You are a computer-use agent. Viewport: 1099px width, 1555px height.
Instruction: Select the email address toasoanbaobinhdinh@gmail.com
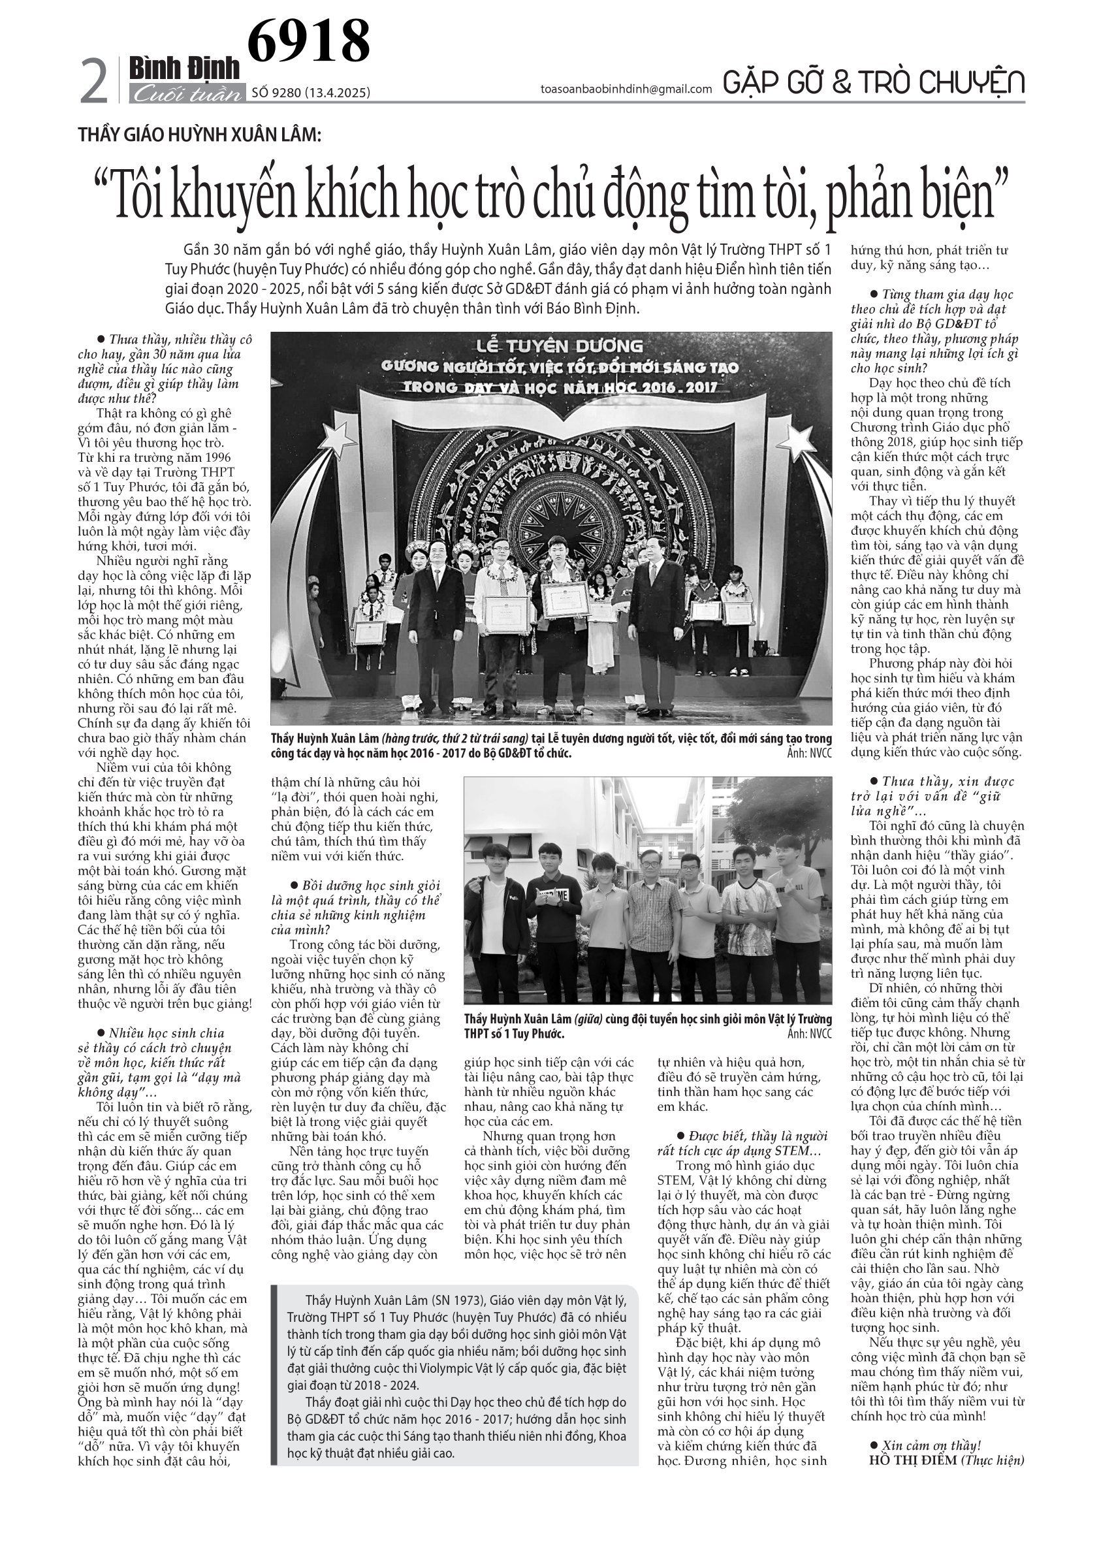click(x=626, y=89)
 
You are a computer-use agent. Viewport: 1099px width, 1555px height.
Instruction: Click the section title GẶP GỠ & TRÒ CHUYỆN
click(x=874, y=83)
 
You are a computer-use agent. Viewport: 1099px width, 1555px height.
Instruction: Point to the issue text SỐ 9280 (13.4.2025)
click(x=311, y=93)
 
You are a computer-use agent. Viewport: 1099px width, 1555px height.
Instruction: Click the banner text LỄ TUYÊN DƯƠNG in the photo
click(x=550, y=347)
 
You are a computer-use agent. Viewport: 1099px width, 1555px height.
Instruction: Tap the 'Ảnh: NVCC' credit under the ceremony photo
click(x=809, y=753)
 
